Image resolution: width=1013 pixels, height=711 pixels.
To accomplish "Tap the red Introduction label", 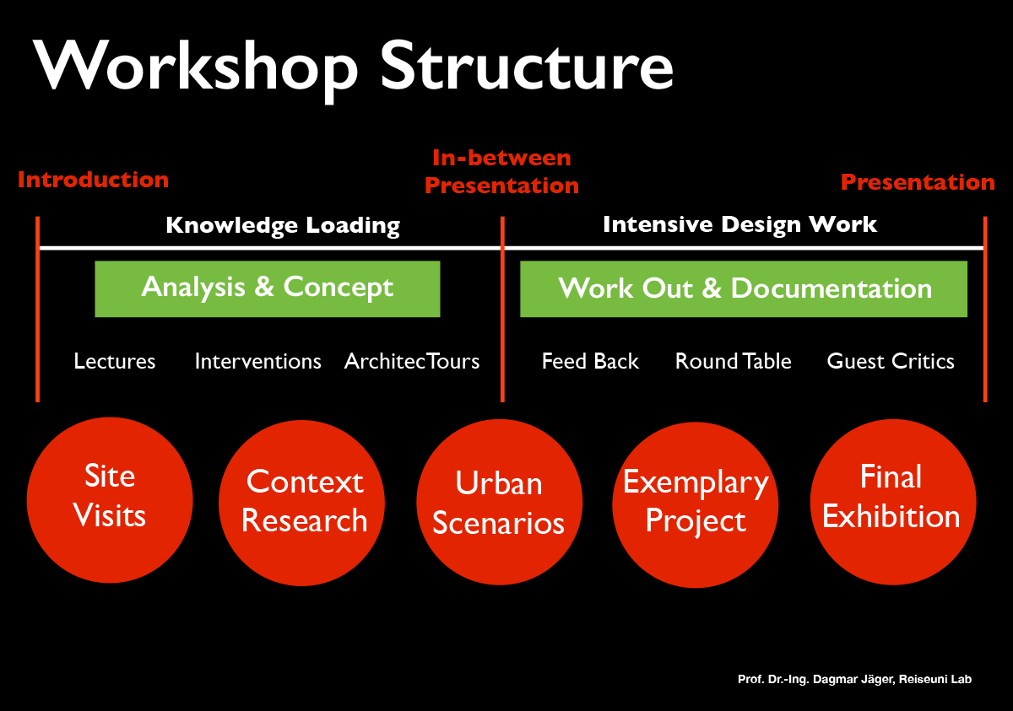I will pyautogui.click(x=93, y=180).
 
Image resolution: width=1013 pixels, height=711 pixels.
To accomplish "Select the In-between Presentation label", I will pyautogui.click(x=501, y=171).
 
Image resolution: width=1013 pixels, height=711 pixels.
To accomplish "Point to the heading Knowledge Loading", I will pyautogui.click(x=282, y=225).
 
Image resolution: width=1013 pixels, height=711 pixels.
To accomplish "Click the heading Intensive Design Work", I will pyautogui.click(x=739, y=224).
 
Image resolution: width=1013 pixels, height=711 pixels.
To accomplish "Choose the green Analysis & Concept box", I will pyautogui.click(x=267, y=288).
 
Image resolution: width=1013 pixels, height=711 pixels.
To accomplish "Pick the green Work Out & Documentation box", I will pyautogui.click(x=743, y=288).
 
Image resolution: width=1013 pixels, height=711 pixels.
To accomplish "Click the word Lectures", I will pyautogui.click(x=115, y=361).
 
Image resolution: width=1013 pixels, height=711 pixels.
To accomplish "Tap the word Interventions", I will pyautogui.click(x=257, y=361).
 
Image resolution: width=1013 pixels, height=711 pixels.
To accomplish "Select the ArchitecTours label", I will pyautogui.click(x=411, y=361).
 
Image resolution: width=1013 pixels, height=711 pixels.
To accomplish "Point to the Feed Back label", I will pyautogui.click(x=590, y=361).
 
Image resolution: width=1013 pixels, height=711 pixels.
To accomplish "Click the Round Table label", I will pyautogui.click(x=733, y=361).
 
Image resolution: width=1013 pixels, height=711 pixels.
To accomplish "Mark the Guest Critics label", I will pyautogui.click(x=891, y=361).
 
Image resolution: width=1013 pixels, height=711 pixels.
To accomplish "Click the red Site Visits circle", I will pyautogui.click(x=110, y=498).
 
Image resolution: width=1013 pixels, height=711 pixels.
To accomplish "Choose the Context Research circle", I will pyautogui.click(x=304, y=502).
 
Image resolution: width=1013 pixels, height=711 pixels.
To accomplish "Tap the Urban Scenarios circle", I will pyautogui.click(x=499, y=504).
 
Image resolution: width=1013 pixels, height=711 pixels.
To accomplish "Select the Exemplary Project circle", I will pyautogui.click(x=696, y=504).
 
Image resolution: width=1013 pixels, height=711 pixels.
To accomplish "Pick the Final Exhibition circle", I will pyautogui.click(x=892, y=499).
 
